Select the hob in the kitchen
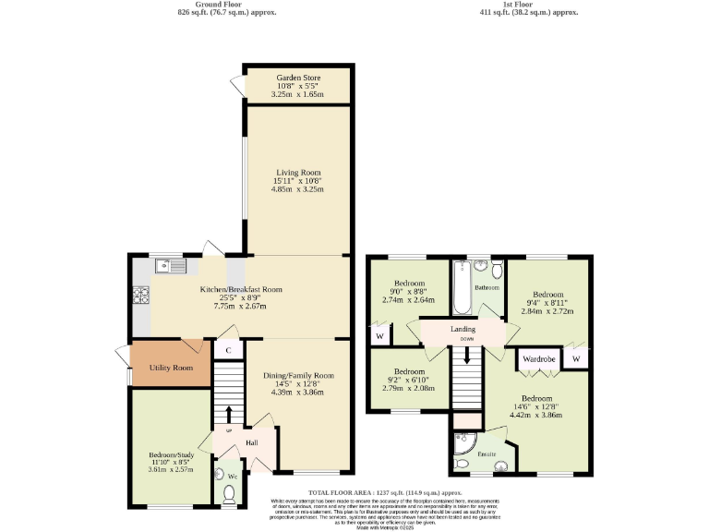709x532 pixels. click(x=142, y=296)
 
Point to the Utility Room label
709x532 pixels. click(x=171, y=368)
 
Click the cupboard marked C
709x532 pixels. click(x=228, y=350)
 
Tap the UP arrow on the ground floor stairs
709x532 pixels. click(x=229, y=411)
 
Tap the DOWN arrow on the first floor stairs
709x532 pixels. click(x=466, y=353)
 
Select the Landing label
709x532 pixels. click(x=463, y=329)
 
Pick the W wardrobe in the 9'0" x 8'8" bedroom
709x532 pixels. click(x=379, y=336)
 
